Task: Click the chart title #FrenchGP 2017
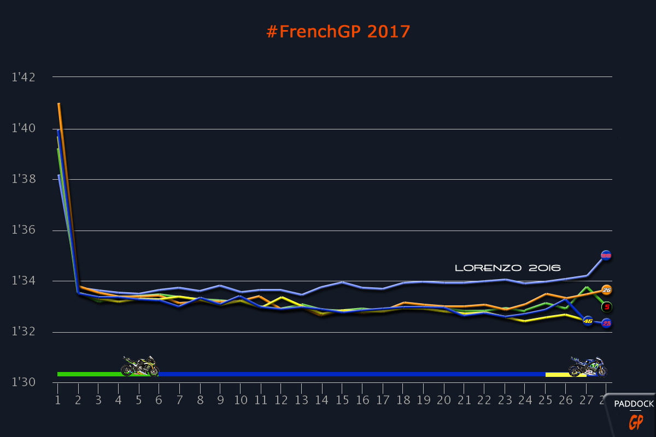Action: click(x=338, y=32)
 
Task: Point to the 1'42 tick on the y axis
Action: click(x=23, y=77)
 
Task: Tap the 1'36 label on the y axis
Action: click(x=23, y=230)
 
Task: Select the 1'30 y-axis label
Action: click(x=23, y=382)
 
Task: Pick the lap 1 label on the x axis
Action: click(x=57, y=401)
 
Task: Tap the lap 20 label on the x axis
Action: click(x=443, y=401)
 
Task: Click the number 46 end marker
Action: click(x=588, y=321)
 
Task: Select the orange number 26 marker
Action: click(x=606, y=290)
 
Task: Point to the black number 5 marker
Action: click(x=607, y=307)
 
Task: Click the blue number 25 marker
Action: click(x=606, y=323)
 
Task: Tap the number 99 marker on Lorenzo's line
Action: click(x=606, y=255)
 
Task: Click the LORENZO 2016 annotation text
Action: click(x=508, y=268)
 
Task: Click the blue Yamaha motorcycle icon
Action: click(x=588, y=367)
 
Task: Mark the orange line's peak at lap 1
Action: click(x=58, y=103)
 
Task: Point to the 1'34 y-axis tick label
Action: click(x=23, y=281)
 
